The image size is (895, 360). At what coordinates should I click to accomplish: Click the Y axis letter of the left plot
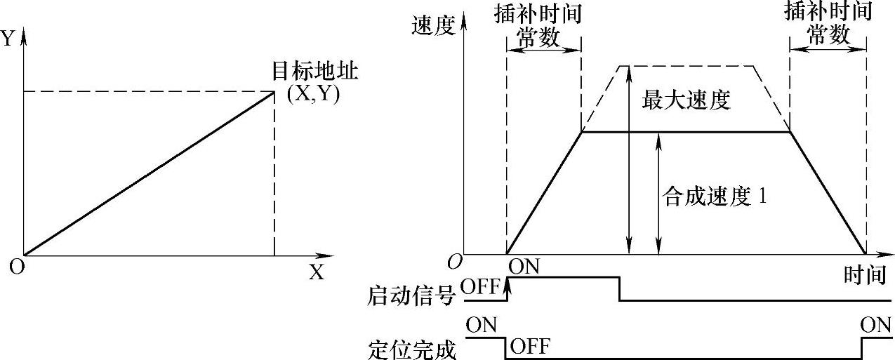point(8,39)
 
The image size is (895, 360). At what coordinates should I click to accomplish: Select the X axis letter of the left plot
point(317,273)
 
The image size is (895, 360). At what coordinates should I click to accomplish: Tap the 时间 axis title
point(864,274)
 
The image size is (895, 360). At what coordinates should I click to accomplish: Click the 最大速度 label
point(686,100)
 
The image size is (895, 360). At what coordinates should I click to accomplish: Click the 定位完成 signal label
point(411,349)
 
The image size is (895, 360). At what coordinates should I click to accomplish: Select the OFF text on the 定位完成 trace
point(530,346)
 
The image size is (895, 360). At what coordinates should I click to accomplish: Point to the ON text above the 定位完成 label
point(481,325)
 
